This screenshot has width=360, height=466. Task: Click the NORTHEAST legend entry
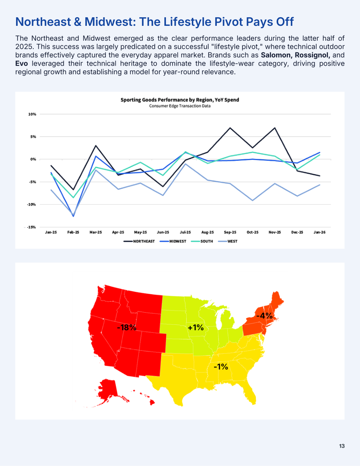[139, 241]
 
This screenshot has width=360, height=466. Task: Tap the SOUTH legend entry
[202, 241]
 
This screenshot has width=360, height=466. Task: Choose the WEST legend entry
[228, 241]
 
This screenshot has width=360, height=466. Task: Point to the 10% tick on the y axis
[32, 114]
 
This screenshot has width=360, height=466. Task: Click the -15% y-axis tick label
[32, 227]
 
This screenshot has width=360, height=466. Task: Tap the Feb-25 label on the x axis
[73, 232]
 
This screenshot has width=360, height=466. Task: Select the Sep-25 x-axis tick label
[230, 232]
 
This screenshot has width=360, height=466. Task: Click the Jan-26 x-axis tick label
[320, 232]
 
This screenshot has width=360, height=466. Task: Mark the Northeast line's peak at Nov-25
[275, 128]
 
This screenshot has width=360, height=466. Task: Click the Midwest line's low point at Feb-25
[74, 216]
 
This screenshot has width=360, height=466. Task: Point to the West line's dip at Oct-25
[253, 201]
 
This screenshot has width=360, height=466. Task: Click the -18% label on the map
[127, 327]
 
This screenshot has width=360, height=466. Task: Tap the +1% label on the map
[196, 327]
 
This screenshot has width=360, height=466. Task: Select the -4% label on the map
[265, 316]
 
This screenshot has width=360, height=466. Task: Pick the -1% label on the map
[221, 367]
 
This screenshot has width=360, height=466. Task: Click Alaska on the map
[106, 388]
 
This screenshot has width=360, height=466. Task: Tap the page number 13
[342, 446]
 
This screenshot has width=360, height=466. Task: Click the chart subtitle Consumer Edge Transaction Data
[180, 106]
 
